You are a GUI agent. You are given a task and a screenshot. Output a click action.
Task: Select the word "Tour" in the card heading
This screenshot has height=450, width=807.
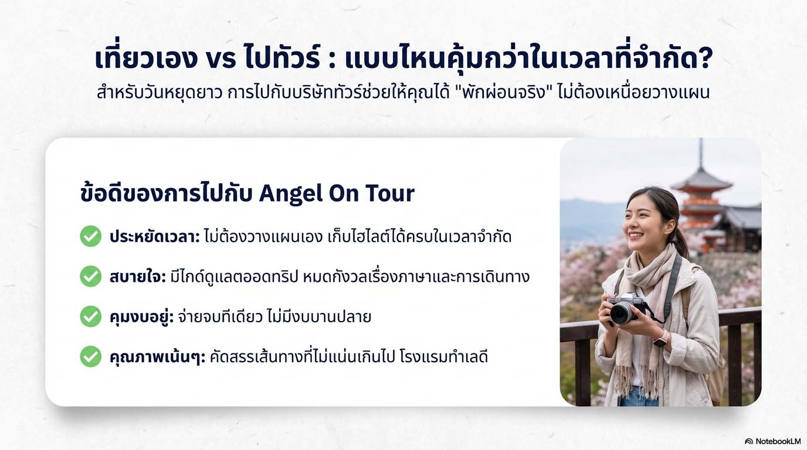[390, 194]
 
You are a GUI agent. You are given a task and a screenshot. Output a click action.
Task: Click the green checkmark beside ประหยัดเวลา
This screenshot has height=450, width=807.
[90, 236]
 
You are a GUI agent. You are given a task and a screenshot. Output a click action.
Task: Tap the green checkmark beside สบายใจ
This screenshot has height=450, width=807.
[90, 276]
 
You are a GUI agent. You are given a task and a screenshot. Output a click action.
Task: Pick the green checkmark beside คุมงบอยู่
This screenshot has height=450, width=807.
[90, 316]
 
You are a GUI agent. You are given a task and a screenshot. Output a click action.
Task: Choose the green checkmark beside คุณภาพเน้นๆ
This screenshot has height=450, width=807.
[90, 356]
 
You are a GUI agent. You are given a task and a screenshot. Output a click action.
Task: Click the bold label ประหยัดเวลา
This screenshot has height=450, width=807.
[155, 237]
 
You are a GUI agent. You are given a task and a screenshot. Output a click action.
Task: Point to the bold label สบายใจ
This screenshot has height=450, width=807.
[138, 277]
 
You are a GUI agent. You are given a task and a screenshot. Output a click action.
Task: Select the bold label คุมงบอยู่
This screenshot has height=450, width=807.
[141, 317]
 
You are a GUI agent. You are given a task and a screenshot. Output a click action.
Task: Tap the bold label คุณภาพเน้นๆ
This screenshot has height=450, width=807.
[157, 357]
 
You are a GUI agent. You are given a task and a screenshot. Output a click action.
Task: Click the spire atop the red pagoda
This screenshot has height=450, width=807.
[701, 153]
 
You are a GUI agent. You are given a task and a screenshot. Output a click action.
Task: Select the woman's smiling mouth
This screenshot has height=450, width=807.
[636, 236]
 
